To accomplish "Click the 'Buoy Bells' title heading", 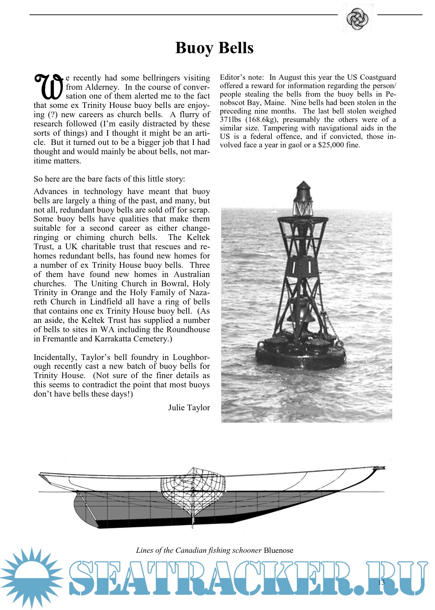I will tap(214, 48).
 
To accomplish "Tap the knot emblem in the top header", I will tap(357, 19).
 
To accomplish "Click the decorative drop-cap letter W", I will tap(49, 86).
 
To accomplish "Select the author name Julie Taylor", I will tap(189, 407).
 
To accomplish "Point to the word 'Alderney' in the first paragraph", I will tap(102, 87).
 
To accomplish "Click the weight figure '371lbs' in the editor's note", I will tap(231, 120).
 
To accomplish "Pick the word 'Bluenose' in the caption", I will tap(278, 550).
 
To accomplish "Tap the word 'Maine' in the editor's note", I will tap(275, 103).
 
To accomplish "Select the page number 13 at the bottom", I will tap(381, 582).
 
